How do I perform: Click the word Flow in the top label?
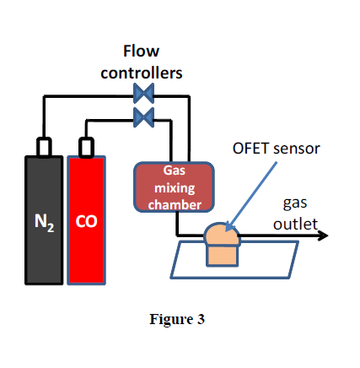141,51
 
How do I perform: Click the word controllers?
142,73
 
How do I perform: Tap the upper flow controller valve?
143,94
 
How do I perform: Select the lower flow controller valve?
143,117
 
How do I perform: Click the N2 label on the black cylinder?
44,222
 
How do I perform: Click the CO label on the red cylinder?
86,221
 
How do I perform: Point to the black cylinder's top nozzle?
44,147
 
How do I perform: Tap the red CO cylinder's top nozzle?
86,147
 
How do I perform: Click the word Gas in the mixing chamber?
175,170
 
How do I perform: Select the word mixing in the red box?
175,188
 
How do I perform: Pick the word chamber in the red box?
175,204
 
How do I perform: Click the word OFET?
250,149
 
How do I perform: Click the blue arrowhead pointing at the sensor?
229,227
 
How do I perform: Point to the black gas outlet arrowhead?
323,235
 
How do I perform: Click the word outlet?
295,225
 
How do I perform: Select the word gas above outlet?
295,203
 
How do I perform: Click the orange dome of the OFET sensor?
223,235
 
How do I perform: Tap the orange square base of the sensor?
223,256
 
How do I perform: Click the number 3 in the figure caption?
201,319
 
